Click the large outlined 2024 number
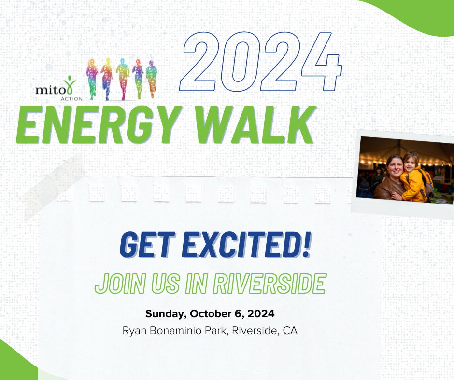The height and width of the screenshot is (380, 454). pos(261,62)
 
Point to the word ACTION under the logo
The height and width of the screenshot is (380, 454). pos(71,98)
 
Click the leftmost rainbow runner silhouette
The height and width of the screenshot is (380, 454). pos(92,79)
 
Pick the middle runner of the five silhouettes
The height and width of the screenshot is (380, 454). pos(123,79)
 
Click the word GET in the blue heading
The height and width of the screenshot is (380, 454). pos(147,244)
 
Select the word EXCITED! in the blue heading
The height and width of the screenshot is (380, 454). pos(246,244)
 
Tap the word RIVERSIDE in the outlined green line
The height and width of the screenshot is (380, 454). pos(270,284)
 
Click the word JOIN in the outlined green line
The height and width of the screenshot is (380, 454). pos(120,284)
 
